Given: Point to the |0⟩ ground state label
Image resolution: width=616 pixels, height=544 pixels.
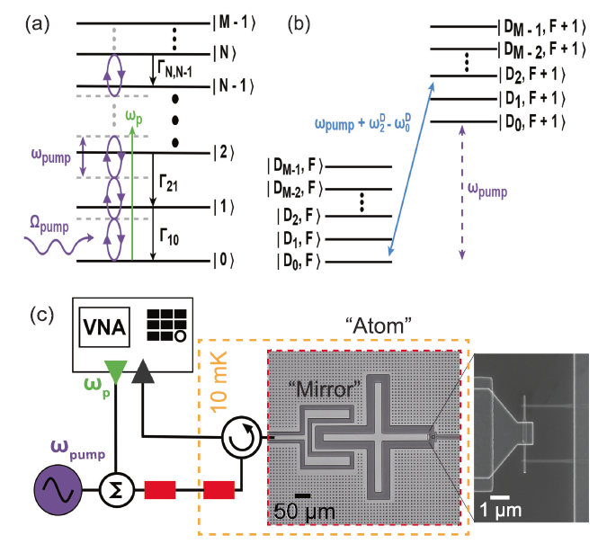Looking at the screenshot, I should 219,262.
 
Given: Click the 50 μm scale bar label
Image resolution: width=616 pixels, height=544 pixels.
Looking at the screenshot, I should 302,512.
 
